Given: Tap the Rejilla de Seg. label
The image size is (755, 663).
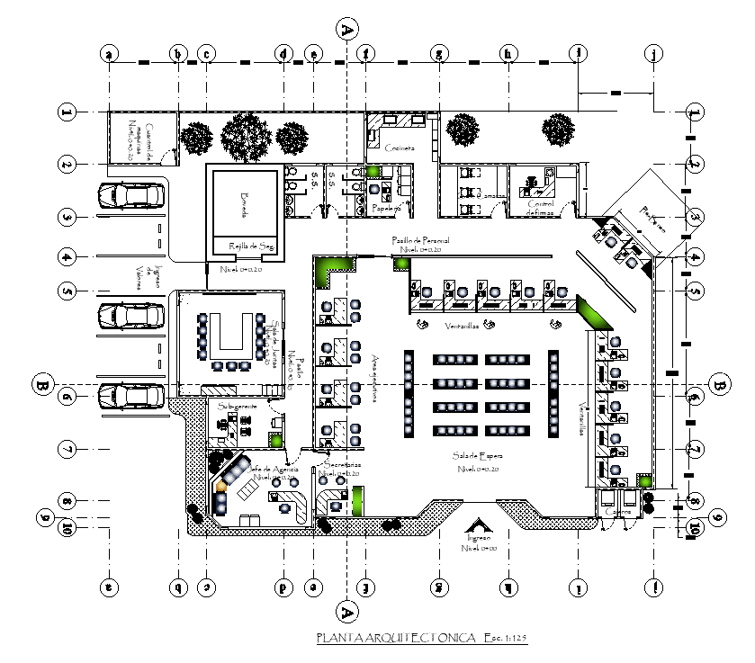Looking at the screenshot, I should coord(254,246).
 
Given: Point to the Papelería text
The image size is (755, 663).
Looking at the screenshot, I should coord(385,206).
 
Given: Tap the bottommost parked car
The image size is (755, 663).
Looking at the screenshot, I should coord(132,396).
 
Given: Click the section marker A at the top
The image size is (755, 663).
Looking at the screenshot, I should coord(346,29).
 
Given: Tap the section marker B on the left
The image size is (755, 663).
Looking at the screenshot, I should coord(41,385).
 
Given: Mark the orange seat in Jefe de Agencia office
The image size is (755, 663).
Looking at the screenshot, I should coord(220,486).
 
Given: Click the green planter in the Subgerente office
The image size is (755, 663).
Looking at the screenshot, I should coord(275,440).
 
